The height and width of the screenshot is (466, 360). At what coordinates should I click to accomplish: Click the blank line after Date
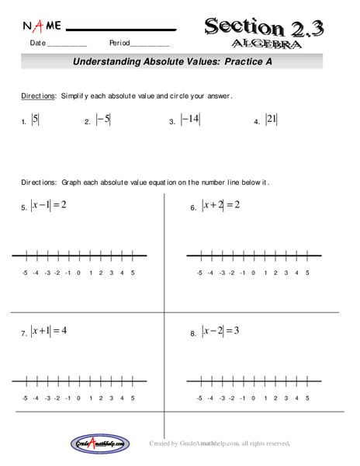pyautogui.click(x=67, y=47)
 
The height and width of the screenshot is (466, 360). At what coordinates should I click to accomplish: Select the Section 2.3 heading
pyautogui.click(x=263, y=28)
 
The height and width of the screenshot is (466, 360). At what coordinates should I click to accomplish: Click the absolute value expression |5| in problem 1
pyautogui.click(x=35, y=120)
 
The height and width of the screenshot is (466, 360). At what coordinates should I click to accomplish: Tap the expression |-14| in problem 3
pyautogui.click(x=190, y=120)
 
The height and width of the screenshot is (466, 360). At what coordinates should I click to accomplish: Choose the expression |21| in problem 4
pyautogui.click(x=271, y=120)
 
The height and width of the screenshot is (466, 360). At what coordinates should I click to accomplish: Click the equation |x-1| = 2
pyautogui.click(x=49, y=205)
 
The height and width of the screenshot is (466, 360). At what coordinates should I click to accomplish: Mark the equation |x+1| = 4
pyautogui.click(x=49, y=330)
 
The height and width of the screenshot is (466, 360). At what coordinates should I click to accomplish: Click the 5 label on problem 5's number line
pyautogui.click(x=133, y=273)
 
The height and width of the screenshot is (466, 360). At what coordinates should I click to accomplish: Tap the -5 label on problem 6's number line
pyautogui.click(x=199, y=273)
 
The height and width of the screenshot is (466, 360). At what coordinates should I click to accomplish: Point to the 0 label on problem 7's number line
pyautogui.click(x=79, y=398)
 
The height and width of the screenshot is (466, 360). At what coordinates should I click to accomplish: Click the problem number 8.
pyautogui.click(x=193, y=333)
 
